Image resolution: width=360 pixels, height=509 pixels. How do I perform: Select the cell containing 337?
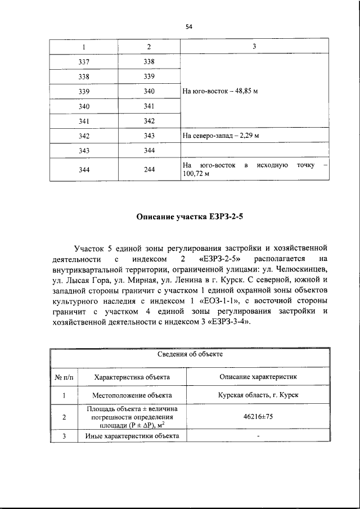[84, 62]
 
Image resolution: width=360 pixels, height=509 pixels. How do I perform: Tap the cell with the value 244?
[149, 170]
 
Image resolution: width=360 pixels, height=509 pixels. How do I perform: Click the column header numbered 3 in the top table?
[254, 46]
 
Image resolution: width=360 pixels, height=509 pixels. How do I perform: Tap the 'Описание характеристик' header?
[258, 376]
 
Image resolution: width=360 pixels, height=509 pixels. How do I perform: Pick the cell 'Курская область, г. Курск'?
[258, 395]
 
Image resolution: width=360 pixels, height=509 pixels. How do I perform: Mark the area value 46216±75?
[258, 417]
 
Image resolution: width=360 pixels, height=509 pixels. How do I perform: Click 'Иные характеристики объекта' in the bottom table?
[132, 436]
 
